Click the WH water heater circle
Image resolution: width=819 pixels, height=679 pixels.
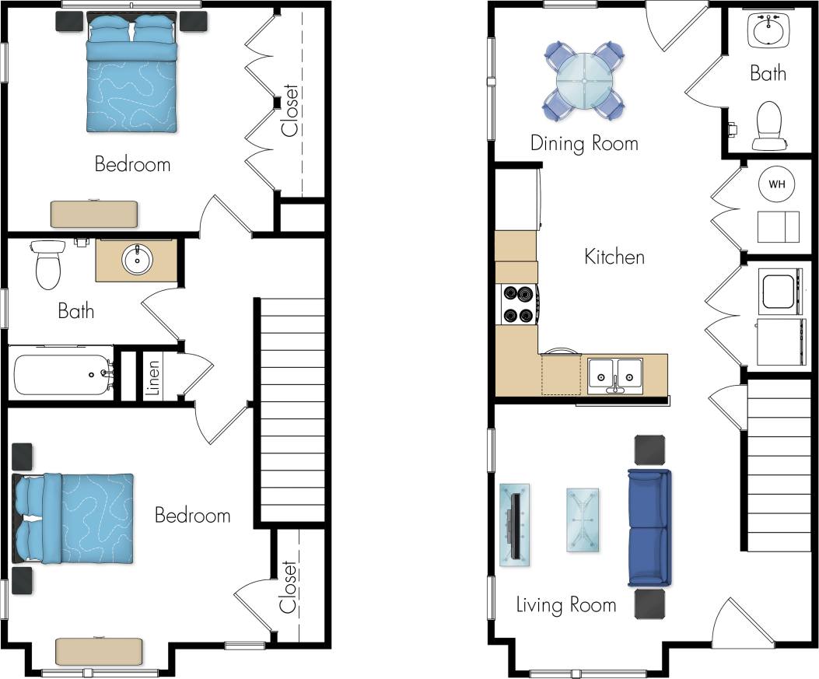[776, 184]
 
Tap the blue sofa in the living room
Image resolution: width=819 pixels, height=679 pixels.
[649, 527]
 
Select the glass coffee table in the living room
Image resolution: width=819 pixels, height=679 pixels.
[583, 520]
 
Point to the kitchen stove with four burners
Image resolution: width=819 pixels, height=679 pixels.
[517, 304]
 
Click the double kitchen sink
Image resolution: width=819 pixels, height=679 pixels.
[614, 373]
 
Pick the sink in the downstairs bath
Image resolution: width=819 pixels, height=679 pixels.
[769, 30]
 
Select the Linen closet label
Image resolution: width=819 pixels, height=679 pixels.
[153, 377]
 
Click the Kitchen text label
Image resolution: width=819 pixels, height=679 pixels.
[614, 257]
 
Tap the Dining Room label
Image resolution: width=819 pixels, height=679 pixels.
[584, 143]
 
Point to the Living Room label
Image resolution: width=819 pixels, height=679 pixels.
[566, 604]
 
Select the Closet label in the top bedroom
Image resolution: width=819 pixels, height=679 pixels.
[290, 110]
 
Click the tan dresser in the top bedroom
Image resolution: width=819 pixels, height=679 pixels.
[93, 213]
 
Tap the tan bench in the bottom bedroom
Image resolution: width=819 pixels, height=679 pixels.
[99, 650]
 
